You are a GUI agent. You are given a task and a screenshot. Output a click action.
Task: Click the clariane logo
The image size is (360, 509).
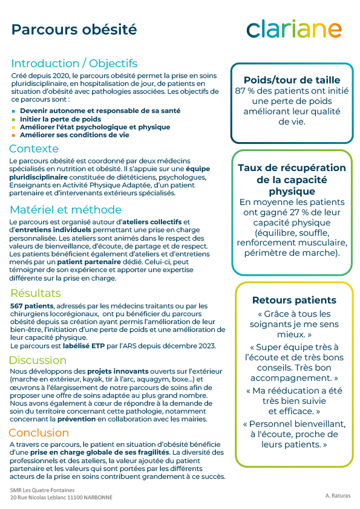pos(294,29)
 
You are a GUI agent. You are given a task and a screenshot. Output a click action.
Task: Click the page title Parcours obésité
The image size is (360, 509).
pos(74,29)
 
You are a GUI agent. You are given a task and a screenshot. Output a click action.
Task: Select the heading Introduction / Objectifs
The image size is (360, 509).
pos(74,63)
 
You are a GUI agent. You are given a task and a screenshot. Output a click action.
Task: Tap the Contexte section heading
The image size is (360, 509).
pos(34,149)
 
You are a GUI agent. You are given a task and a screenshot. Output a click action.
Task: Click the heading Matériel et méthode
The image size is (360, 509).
pos(65,210)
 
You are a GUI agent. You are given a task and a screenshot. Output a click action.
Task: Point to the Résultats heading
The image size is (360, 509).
pos(36,293)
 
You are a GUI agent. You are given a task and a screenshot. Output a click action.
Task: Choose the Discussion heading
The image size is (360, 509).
pos(38,360)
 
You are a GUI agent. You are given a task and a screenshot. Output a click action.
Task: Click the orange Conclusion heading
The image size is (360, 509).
pos(39,432)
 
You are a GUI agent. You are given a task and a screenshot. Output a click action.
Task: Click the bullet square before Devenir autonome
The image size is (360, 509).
pos(14,111)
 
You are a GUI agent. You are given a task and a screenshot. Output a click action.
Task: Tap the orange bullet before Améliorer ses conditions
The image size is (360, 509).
pos(14,135)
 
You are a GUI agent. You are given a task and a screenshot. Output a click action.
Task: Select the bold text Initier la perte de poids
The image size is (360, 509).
pos(61,119)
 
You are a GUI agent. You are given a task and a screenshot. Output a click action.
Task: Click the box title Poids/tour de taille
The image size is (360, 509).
pos(292,80)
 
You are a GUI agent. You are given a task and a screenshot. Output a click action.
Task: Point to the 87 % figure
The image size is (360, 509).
pos(244,91)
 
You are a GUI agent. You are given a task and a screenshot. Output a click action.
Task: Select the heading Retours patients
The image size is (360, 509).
pos(293,300)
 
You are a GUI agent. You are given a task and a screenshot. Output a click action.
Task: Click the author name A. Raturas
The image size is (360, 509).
pos(336,494)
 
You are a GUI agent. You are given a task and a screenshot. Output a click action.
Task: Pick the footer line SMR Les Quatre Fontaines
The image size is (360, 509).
pos(43,489)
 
